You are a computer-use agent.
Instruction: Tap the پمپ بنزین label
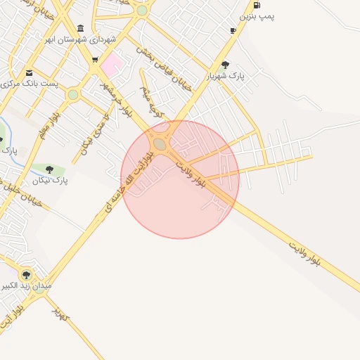click(257, 15)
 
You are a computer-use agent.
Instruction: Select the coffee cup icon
click(233, 30)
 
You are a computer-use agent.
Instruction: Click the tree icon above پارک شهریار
click(225, 65)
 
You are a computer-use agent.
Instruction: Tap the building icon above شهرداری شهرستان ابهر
click(81, 28)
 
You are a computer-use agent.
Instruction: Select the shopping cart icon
click(95, 60)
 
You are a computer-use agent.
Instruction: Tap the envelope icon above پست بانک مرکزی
click(29, 72)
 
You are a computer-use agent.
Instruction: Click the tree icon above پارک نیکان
click(50, 169)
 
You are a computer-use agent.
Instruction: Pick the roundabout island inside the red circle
click(160, 144)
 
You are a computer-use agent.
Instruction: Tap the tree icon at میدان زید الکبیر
click(26, 275)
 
